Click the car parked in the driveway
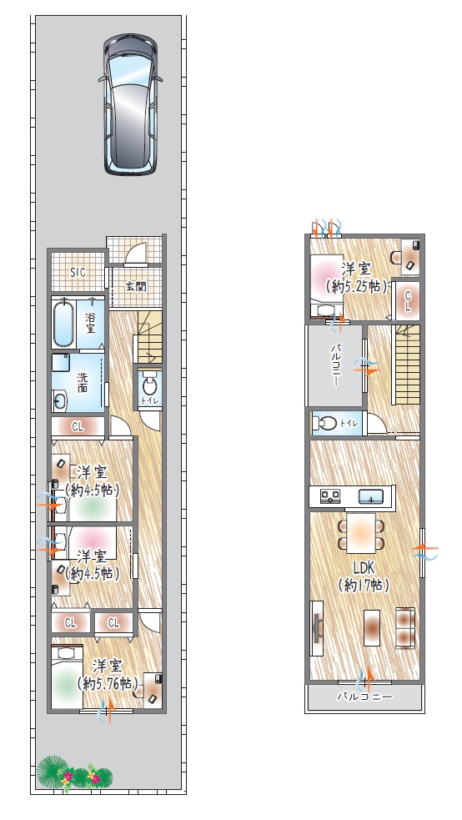tap(130, 104)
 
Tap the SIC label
tap(78, 273)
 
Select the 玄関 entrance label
tap(136, 287)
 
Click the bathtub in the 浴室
tap(63, 322)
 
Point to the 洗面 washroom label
tap(83, 382)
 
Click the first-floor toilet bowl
tap(149, 386)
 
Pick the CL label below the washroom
tap(78, 427)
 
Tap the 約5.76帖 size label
tap(108, 683)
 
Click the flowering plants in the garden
tap(75, 773)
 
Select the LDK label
tap(364, 567)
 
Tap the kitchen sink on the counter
tap(371, 496)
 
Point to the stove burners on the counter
tap(330, 496)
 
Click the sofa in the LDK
tap(405, 627)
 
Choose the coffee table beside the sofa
tap(372, 627)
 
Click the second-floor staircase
tap(407, 365)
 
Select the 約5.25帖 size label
tap(356, 287)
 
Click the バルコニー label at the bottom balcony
tap(364, 697)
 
